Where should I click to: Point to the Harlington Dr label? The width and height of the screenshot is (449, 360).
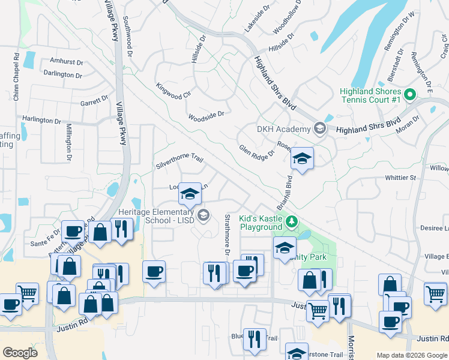[x=42, y=120]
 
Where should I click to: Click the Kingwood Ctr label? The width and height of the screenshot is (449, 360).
[x=173, y=91]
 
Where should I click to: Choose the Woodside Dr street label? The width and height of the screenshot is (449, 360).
[x=206, y=115]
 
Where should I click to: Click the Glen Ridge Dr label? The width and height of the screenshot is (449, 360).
[x=256, y=150]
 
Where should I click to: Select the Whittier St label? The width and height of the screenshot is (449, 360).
[x=400, y=178]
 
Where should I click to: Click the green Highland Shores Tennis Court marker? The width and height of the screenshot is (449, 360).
[x=411, y=95]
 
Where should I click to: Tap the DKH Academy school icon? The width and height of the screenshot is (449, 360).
[x=319, y=128]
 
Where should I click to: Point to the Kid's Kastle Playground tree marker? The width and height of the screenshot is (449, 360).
[x=292, y=223]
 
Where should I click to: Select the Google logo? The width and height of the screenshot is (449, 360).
[x=20, y=353]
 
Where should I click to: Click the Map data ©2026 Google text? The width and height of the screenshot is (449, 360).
[x=412, y=355]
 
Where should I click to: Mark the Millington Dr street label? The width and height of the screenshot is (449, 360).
[x=69, y=142]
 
